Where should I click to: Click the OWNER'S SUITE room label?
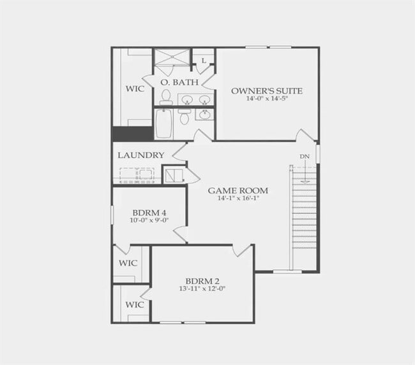pos(267,91)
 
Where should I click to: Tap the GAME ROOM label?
pos(238,190)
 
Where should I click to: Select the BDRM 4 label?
pos(149,213)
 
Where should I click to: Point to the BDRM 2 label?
pos(202,281)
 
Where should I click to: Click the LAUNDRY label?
pos(141,155)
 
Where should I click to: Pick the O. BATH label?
pos(173,83)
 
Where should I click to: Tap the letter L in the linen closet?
pos(203,61)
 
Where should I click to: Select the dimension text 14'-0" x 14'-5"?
pos(267,99)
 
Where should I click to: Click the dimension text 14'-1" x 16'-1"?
pos(238,198)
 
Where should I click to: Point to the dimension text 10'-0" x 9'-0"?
pos(149,220)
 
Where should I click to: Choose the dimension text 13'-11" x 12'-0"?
pos(202,289)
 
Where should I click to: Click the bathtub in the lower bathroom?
pos(163,123)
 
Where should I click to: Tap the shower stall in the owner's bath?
pos(172,57)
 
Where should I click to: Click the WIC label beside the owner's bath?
pos(134,89)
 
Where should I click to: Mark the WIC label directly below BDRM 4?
pos(128,263)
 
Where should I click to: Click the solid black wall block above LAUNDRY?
pos(133,134)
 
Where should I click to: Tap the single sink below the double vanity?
pos(204,115)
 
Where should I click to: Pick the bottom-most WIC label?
pos(134,304)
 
